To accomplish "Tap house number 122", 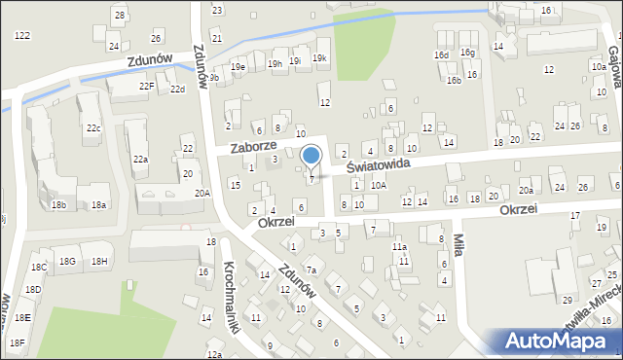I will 21,35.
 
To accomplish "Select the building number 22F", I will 146,87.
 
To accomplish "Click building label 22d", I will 177,90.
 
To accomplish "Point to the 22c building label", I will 92,128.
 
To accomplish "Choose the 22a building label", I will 140,159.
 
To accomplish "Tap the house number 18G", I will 67,261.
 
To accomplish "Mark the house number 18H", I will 99,261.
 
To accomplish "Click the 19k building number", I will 320,59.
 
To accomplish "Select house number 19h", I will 275,64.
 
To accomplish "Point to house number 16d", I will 442,54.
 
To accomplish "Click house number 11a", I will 399,247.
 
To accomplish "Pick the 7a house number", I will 311,270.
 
